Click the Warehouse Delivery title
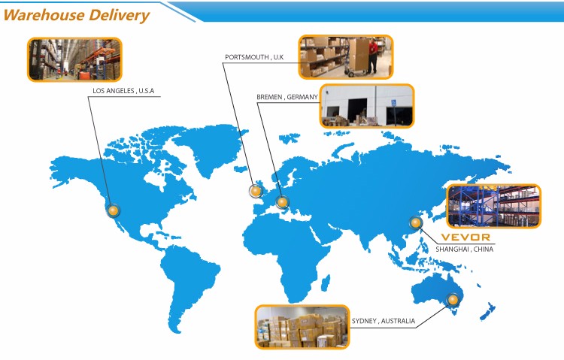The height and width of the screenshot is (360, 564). (x=76, y=14)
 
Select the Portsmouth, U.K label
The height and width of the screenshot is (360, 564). (x=254, y=56)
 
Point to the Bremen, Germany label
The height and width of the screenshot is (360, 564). (x=287, y=97)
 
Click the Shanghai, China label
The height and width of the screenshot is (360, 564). (x=464, y=249)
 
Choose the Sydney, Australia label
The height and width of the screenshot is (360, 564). (x=383, y=321)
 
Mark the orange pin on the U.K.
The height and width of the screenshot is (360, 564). (x=255, y=192)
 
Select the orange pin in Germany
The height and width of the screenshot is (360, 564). (x=282, y=201)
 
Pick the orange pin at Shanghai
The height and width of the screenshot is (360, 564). (x=414, y=222)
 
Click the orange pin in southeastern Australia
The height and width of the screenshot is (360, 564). (x=453, y=300)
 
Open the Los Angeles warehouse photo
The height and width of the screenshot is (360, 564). (x=74, y=59)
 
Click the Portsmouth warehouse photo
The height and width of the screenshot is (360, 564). (x=345, y=56)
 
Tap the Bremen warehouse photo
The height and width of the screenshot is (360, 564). (x=367, y=105)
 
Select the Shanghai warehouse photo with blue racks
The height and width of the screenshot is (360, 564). (x=493, y=206)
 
